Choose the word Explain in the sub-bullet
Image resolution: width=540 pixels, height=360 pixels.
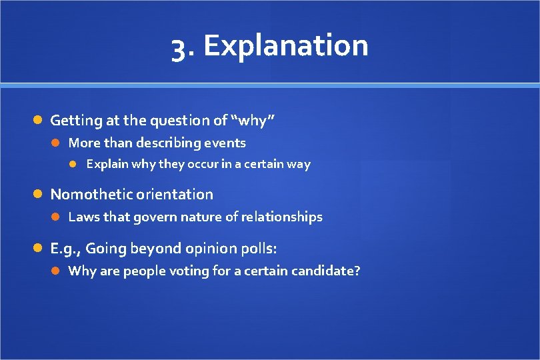[107, 164]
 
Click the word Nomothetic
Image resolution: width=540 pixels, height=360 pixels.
[91, 195]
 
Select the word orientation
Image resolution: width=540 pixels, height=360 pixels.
[175, 195]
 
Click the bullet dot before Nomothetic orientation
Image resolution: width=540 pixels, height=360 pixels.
[39, 195]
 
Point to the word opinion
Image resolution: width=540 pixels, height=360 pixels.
[213, 249]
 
